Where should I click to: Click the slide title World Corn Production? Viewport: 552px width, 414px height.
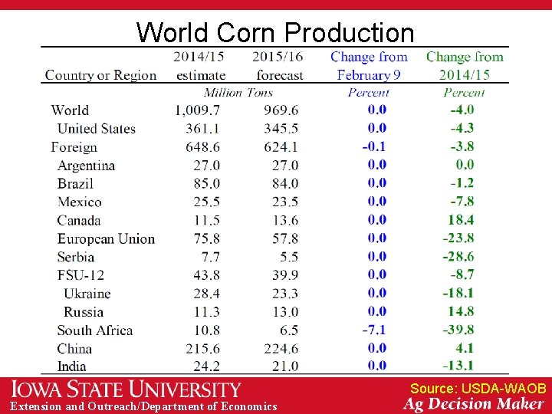coord(274,32)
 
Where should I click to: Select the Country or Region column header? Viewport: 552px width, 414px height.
coord(100,75)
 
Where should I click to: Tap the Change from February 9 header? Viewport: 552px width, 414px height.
coord(369,66)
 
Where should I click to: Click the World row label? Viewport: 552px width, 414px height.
coord(70,110)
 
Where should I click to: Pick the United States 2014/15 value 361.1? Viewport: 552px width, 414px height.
coord(199,129)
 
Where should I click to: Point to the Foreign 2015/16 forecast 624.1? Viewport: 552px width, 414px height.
coord(280,147)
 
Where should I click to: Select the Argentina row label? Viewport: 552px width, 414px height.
coord(86,166)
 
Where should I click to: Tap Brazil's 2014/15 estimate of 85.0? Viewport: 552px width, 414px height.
coord(204,184)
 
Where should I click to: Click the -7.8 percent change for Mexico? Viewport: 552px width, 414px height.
coord(461,202)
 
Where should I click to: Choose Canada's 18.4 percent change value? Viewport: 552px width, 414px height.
coord(461,220)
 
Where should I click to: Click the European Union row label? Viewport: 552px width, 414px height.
coord(106,239)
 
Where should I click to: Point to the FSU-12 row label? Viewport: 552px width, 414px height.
coord(80,275)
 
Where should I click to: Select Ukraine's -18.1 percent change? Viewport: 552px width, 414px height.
coord(458,293)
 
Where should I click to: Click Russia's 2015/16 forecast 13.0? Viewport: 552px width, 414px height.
coord(284,312)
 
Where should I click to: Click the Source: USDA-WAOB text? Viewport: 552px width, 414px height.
coord(478,389)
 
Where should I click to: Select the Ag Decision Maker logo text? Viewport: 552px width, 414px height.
coord(474,405)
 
